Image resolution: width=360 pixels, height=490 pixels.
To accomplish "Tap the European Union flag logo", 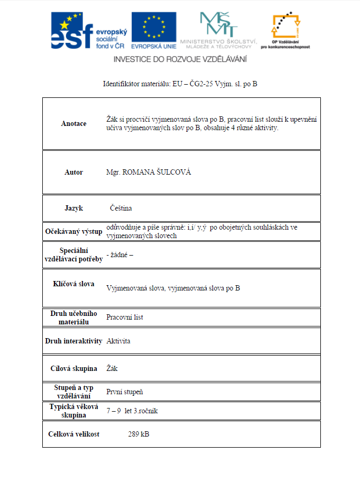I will pyautogui.click(x=154, y=28).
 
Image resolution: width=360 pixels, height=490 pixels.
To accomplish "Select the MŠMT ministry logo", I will pyautogui.click(x=218, y=29).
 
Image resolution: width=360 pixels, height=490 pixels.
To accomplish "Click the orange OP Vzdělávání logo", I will pyautogui.click(x=285, y=29).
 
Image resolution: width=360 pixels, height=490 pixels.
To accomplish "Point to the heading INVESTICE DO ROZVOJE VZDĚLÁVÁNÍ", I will pyautogui.click(x=180, y=59).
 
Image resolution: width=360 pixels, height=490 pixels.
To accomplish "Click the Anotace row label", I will pyautogui.click(x=73, y=124).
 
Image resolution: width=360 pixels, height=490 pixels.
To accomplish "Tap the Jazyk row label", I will pyautogui.click(x=73, y=208).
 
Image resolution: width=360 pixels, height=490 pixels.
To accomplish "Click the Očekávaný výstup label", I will pyautogui.click(x=73, y=231).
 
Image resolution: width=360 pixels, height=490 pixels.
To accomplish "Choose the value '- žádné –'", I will pyautogui.click(x=119, y=255).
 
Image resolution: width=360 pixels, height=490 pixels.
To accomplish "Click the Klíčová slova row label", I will pyautogui.click(x=73, y=284).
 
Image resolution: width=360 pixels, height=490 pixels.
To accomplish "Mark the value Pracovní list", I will pyautogui.click(x=124, y=317).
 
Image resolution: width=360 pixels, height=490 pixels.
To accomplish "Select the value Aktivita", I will pyautogui.click(x=118, y=341).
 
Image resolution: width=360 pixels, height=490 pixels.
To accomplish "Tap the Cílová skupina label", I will pyautogui.click(x=73, y=368).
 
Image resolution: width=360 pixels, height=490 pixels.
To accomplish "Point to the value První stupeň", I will pyautogui.click(x=124, y=392).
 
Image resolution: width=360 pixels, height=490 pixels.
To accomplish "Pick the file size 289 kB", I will pyautogui.click(x=139, y=434).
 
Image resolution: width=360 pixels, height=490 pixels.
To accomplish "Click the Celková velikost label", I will pyautogui.click(x=73, y=434).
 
